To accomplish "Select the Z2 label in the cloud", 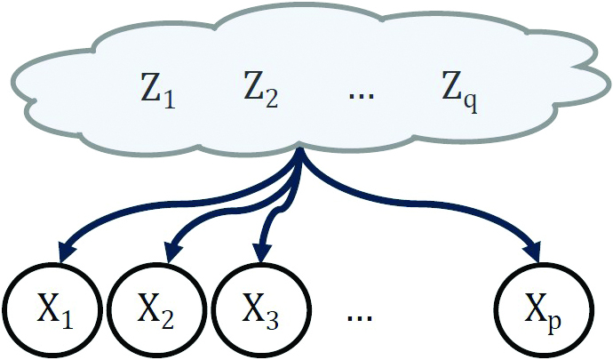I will [259, 90].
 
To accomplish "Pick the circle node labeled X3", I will [260, 310].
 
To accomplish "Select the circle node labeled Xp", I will [540, 310].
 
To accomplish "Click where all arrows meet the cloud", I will [299, 154].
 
